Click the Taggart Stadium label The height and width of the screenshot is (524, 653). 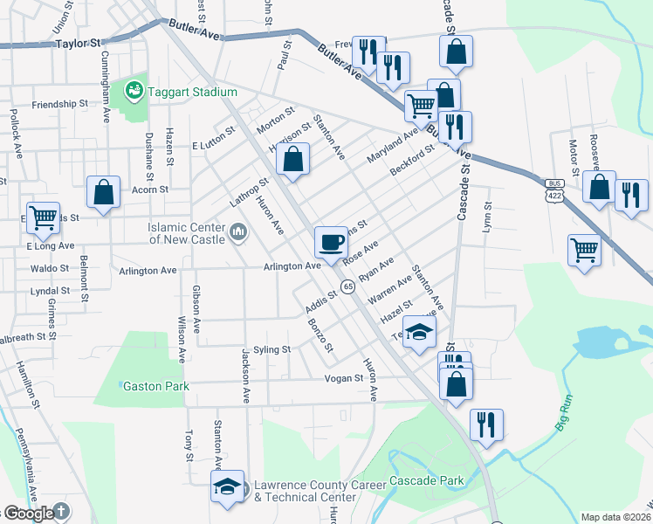(x=192, y=92)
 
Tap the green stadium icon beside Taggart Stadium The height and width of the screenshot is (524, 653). (x=134, y=89)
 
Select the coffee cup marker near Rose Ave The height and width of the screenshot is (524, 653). (x=330, y=241)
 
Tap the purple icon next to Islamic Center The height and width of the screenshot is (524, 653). (x=237, y=232)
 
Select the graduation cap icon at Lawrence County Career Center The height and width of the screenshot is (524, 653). (x=227, y=487)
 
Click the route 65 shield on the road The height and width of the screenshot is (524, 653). (x=347, y=286)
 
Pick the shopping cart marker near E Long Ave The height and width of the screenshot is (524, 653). (x=42, y=218)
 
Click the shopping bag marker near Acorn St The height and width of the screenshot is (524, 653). (x=103, y=193)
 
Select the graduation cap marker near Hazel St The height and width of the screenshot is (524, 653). (x=420, y=333)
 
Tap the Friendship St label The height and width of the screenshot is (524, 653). (x=60, y=105)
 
